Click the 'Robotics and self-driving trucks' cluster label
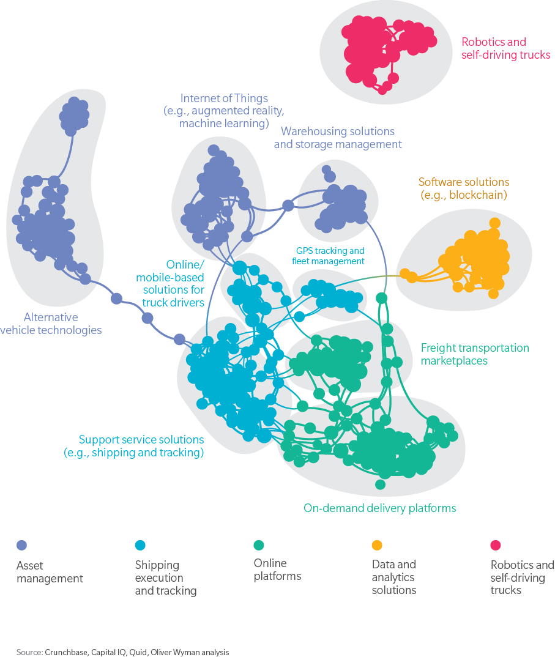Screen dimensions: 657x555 click(x=505, y=48)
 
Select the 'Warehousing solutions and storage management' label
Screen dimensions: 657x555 click(x=337, y=138)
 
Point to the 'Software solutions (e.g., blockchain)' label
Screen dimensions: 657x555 click(x=463, y=188)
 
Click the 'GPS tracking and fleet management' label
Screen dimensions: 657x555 click(x=330, y=256)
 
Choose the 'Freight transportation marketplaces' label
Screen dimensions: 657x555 click(x=474, y=354)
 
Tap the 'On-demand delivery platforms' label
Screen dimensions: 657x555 click(x=379, y=508)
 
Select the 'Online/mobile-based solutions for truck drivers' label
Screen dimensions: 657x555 click(x=174, y=283)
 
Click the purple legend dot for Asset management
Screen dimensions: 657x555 click(x=21, y=545)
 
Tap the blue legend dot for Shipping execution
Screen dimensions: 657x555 click(x=140, y=545)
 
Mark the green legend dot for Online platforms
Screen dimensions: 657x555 click(x=259, y=545)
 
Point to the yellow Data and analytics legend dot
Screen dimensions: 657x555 click(x=377, y=545)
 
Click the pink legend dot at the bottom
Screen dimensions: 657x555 click(x=496, y=545)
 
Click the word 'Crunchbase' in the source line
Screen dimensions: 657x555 click(x=66, y=652)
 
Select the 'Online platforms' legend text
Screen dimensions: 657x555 click(x=277, y=570)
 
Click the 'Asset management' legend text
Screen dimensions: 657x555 click(x=50, y=572)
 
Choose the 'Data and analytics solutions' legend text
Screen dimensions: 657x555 click(x=394, y=577)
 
